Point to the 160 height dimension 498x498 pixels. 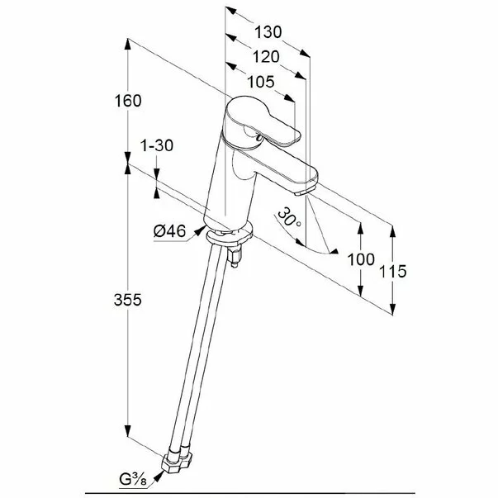click(x=127, y=100)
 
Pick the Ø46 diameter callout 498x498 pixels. click(x=169, y=231)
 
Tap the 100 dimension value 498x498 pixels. click(x=362, y=260)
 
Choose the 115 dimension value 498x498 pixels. click(x=391, y=271)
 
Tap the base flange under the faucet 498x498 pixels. click(x=230, y=237)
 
